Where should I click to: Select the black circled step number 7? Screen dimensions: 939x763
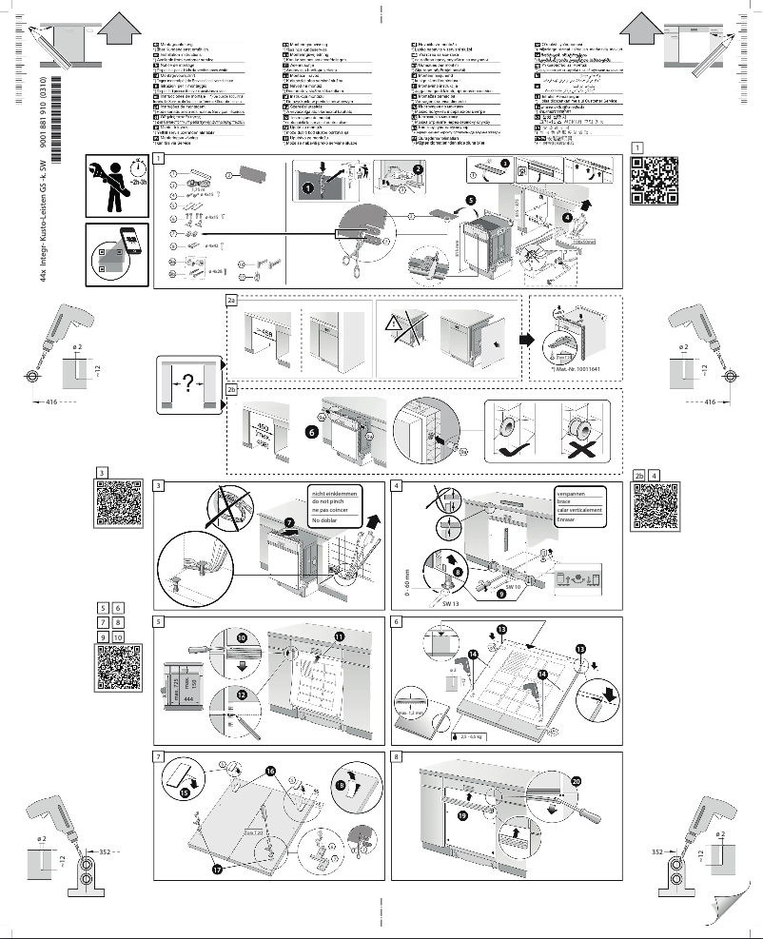290,522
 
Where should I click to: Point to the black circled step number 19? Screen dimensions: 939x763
463,815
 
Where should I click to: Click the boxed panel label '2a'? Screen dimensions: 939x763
231,300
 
